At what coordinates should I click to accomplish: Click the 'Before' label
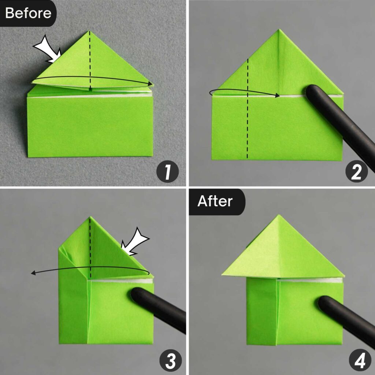pos(28,13)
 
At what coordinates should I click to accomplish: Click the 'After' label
pos(215,201)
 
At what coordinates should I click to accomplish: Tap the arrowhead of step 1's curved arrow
pos(150,84)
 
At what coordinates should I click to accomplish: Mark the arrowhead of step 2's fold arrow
pos(278,96)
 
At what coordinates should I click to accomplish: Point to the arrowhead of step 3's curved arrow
pos(33,273)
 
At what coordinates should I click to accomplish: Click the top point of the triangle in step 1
pos(89,32)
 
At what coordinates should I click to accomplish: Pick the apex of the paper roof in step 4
pos(279,216)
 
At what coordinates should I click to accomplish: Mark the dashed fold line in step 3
pos(90,249)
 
